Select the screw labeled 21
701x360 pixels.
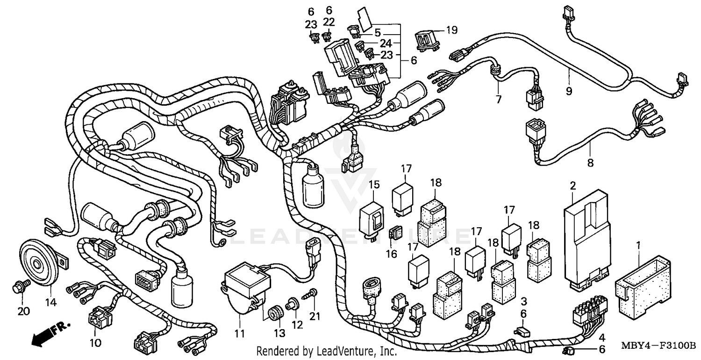312,294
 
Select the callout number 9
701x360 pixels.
569,91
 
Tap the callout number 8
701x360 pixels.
590,163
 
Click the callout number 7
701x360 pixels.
498,100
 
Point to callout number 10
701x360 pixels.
95,343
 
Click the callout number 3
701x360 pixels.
524,302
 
